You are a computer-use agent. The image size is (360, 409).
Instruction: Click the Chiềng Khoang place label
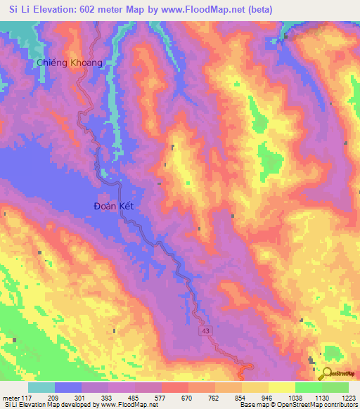coord(70,63)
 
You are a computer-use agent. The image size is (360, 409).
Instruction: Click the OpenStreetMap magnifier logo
coord(328,374)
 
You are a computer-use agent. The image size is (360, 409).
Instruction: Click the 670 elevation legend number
coord(186,396)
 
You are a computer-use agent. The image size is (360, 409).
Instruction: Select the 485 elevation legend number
coord(134,396)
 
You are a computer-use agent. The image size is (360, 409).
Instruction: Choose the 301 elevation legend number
coord(81,396)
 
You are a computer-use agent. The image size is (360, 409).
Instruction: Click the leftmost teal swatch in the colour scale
coord(41,387)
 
